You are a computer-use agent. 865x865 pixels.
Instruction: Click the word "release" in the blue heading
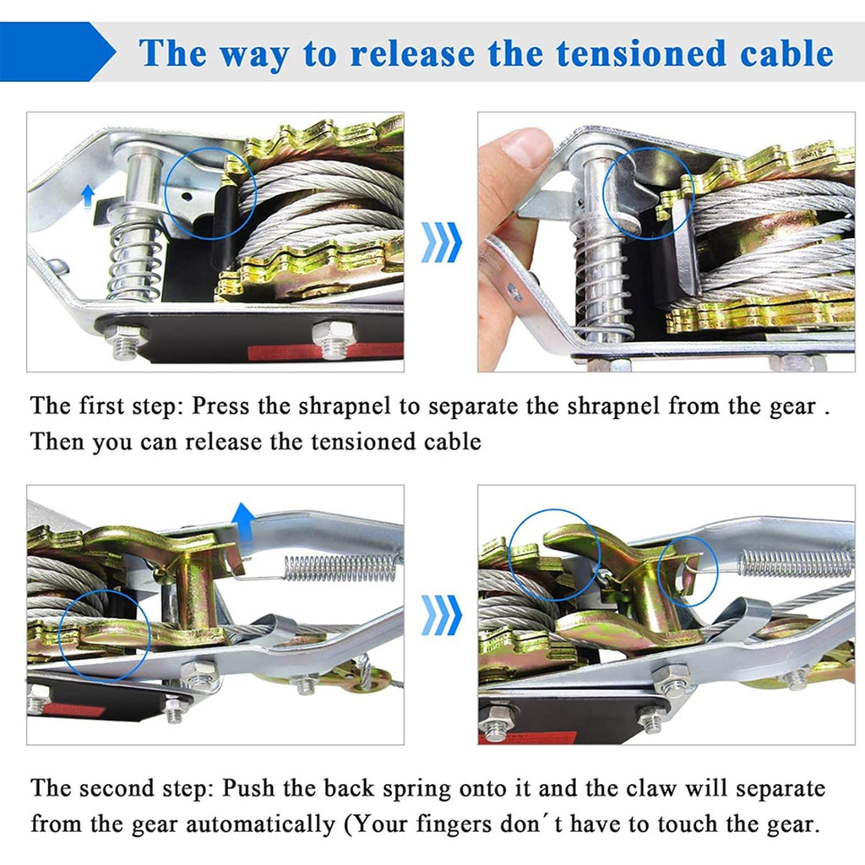point(412,53)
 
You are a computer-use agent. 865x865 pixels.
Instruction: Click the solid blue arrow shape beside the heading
point(57,52)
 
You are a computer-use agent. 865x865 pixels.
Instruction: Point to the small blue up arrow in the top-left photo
point(87,197)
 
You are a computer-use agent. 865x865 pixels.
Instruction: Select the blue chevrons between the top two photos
point(441,242)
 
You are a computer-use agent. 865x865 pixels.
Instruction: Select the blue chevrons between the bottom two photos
point(441,615)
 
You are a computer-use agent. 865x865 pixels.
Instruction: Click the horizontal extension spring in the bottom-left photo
point(340,569)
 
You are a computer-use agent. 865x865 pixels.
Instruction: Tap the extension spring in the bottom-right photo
point(796,563)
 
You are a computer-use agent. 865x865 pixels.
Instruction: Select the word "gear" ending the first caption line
point(792,408)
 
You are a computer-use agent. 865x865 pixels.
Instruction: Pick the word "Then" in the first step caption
point(57,441)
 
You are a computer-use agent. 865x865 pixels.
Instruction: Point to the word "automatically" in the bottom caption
point(260,825)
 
